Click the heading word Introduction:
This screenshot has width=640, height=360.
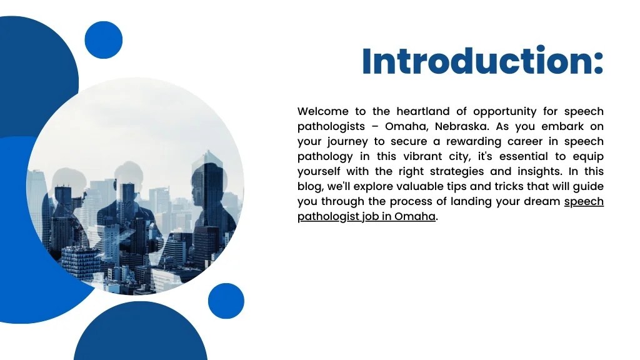tap(482, 61)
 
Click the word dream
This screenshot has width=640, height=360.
tap(542, 202)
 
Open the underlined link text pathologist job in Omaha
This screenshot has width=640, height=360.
tap(366, 217)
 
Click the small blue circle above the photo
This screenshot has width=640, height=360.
tap(103, 40)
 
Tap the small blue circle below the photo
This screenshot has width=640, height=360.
tap(226, 301)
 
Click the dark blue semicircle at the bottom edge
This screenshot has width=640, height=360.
tap(141, 337)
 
